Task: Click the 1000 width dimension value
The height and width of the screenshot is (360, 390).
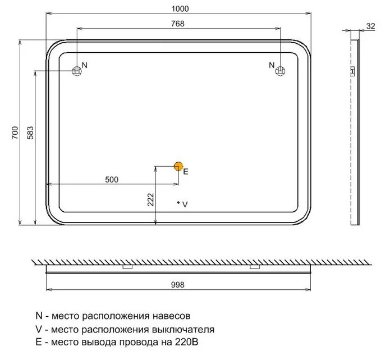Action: [x=180, y=9]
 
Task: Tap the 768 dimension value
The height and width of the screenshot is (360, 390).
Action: [x=178, y=24]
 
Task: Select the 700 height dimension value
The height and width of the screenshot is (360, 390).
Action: [x=15, y=133]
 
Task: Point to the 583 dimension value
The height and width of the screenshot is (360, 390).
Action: [x=30, y=133]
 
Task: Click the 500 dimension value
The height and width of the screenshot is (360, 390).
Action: [x=112, y=180]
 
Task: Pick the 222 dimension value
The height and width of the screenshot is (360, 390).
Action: [x=151, y=200]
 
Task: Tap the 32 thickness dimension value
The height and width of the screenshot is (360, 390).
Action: [x=370, y=26]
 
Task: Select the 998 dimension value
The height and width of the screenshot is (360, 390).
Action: [x=177, y=285]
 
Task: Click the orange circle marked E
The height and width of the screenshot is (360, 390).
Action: [x=178, y=166]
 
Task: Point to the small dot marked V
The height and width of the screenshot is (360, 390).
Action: [x=178, y=203]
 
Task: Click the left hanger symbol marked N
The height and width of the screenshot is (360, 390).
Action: [x=77, y=71]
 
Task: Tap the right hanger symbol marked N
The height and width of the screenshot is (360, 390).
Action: [x=281, y=71]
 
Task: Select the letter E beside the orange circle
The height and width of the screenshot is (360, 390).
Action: [x=186, y=171]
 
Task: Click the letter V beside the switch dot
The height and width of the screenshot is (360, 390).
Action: [x=185, y=204]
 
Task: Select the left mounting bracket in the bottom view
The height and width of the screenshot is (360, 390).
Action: [x=127, y=267]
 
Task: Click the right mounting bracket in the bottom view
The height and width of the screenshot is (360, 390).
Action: [x=255, y=267]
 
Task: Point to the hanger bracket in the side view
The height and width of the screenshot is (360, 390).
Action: [x=352, y=71]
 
